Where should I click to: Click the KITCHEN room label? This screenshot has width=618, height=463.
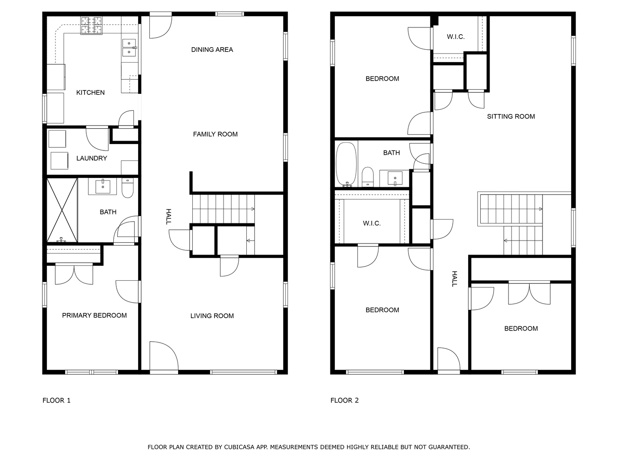point(91,93)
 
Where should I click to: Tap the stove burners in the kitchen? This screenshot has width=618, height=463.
point(91,26)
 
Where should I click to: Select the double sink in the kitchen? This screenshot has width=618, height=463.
point(129,48)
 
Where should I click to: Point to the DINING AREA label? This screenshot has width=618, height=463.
point(212,50)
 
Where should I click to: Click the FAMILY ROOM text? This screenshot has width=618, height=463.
point(215,134)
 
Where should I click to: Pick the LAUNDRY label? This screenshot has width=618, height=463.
point(92,158)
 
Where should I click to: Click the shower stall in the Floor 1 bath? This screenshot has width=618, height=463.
point(62,210)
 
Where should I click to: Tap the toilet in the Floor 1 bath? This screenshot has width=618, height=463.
point(127,188)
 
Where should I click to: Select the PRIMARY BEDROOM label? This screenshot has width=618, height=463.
point(94,316)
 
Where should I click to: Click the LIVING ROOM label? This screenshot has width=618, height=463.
point(212,316)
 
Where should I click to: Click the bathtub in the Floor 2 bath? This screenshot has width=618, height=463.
point(346,165)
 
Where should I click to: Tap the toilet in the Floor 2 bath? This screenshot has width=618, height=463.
point(367,177)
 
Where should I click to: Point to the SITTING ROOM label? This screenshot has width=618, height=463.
point(511,116)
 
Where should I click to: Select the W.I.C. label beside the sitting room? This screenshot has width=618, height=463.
point(455,37)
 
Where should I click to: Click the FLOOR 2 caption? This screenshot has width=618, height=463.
point(345,400)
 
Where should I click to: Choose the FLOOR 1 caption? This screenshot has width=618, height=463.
point(57,400)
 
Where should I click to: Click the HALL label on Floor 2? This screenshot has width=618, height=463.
point(454,279)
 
